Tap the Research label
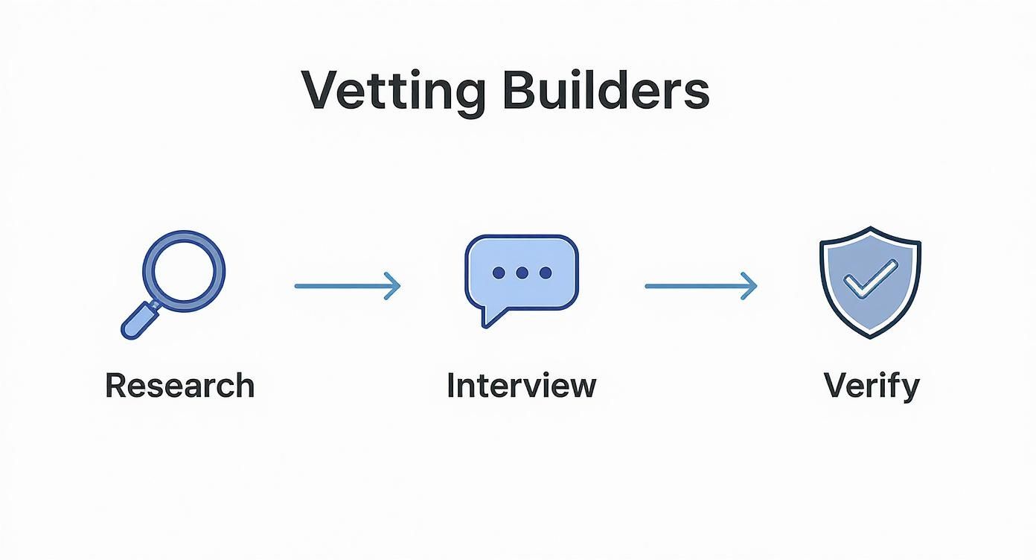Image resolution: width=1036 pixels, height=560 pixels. coord(180,386)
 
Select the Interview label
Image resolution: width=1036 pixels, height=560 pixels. coord(521,386)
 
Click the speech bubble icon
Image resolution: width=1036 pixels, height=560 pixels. coord(521,272)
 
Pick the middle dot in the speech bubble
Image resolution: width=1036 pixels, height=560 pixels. coord(522,273)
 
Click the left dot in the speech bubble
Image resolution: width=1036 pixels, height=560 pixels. coord(498,273)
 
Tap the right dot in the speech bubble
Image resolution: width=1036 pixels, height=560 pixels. coord(546,273)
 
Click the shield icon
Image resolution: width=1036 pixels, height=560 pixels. coord(870,281)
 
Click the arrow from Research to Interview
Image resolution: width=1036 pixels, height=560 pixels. coord(347,285)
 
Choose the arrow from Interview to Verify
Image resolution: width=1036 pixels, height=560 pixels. coord(700,285)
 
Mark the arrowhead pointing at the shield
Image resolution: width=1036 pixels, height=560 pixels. coord(750,285)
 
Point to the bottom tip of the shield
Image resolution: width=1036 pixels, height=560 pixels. coord(870,336)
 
